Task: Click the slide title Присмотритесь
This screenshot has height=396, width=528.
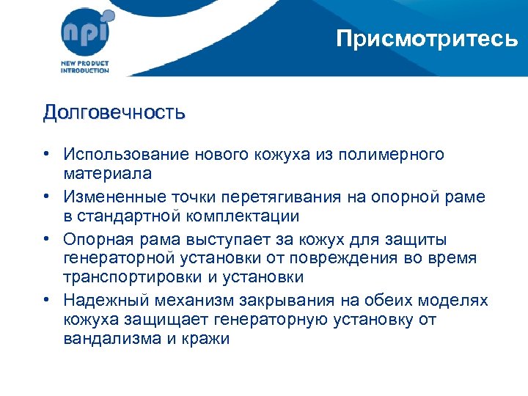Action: click(427, 38)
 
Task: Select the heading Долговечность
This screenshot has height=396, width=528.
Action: click(114, 113)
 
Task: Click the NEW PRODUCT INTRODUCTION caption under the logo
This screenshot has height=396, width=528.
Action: click(84, 67)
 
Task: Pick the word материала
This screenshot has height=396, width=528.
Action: click(108, 174)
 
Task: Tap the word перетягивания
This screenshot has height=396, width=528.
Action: click(314, 197)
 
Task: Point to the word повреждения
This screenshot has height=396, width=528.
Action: click(356, 258)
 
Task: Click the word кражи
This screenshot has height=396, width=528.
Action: click(208, 339)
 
